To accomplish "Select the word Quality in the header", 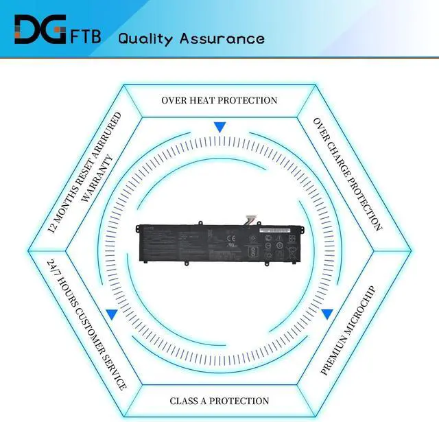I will tap(145, 38).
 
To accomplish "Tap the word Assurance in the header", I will tap(222, 38).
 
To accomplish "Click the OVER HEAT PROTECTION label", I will tap(219, 100).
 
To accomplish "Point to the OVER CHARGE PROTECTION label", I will tap(347, 174).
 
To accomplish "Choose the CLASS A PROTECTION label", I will tap(219, 401).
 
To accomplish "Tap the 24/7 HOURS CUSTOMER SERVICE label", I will tap(87, 325).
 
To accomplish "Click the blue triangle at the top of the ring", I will tap(219, 127).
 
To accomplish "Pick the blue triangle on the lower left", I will tap(111, 314).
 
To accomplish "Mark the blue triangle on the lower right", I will tap(327, 314).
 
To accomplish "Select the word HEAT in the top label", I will tap(207, 100).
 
